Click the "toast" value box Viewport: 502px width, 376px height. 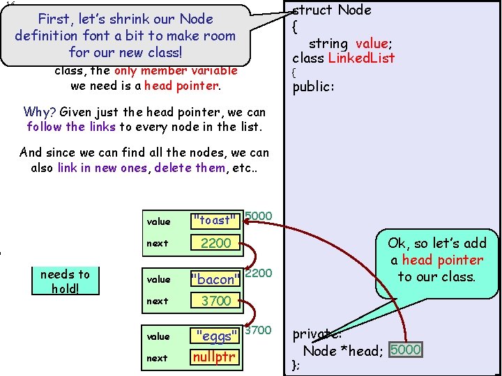[215, 221]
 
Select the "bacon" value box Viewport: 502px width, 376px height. [215, 279]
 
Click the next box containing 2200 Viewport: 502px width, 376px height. [215, 243]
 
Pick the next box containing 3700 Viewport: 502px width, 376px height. [215, 301]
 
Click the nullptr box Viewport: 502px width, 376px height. [215, 357]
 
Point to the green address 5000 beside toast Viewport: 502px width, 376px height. [259, 216]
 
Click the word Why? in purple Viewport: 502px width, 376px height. [40, 111]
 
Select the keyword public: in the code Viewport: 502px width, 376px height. [313, 88]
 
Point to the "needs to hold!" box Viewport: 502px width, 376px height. [66, 281]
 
